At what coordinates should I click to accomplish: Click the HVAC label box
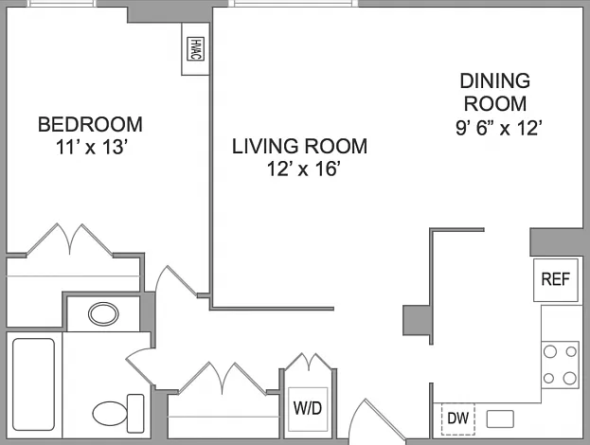pyautogui.click(x=195, y=48)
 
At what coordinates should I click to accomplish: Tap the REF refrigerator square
pyautogui.click(x=555, y=280)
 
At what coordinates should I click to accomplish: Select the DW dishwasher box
pyautogui.click(x=458, y=418)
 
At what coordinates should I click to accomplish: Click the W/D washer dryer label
pyautogui.click(x=308, y=408)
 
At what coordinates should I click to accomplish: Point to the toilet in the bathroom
pyautogui.click(x=118, y=414)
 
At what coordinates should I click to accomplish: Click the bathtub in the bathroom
pyautogui.click(x=33, y=384)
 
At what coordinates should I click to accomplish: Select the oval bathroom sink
pyautogui.click(x=103, y=313)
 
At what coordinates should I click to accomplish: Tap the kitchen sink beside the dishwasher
pyautogui.click(x=500, y=418)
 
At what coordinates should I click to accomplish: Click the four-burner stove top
pyautogui.click(x=560, y=365)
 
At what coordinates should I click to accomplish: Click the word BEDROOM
pyautogui.click(x=90, y=125)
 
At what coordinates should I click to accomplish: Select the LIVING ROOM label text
pyautogui.click(x=299, y=147)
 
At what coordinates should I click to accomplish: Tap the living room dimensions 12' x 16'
pyautogui.click(x=304, y=169)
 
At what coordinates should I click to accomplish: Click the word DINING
pyautogui.click(x=495, y=80)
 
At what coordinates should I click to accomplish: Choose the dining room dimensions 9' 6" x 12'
pyautogui.click(x=499, y=128)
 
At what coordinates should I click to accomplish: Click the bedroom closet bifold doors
pyautogui.click(x=70, y=240)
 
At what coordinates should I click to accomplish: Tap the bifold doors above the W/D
pyautogui.click(x=309, y=362)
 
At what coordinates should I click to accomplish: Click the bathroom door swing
pyautogui.click(x=141, y=366)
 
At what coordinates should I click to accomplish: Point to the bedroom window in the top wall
pyautogui.click(x=62, y=4)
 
